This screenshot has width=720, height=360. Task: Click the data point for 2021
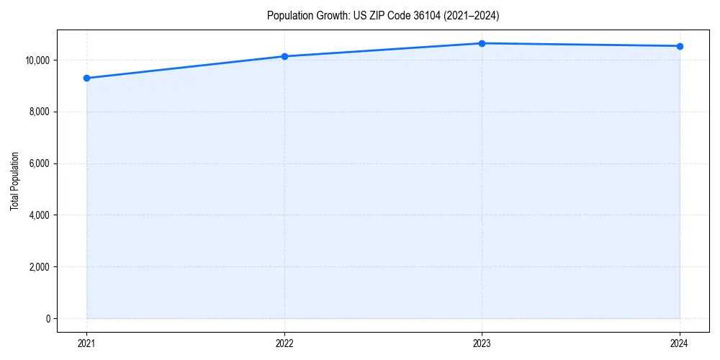click(x=86, y=78)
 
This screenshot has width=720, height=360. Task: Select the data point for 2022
click(x=284, y=56)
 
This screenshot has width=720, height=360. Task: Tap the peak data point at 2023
click(x=482, y=43)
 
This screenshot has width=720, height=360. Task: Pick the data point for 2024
click(x=680, y=46)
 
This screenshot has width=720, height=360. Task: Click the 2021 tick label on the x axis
click(x=86, y=343)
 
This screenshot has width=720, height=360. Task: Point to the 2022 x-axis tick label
click(x=284, y=343)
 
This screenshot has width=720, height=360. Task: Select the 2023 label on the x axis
click(x=482, y=343)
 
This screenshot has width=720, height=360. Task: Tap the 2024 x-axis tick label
click(x=680, y=343)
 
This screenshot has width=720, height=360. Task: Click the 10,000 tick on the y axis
click(x=36, y=60)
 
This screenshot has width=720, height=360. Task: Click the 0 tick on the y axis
click(x=48, y=319)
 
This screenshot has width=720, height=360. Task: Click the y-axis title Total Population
click(x=14, y=181)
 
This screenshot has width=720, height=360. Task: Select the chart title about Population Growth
click(x=382, y=15)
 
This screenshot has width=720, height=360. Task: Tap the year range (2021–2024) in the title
click(x=472, y=15)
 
